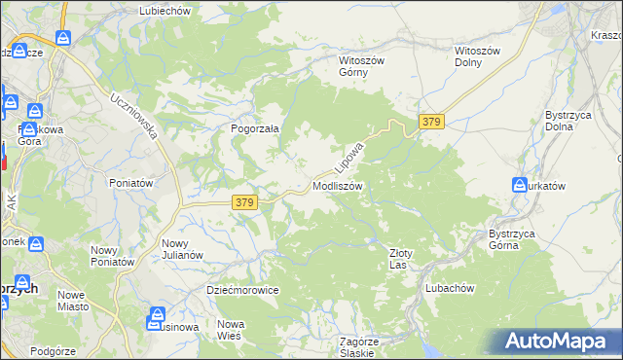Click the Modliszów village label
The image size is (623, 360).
click(338, 186)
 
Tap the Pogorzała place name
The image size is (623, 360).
click(255, 127)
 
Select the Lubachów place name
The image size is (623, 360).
click(449, 288)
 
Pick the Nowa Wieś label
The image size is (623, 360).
click(230, 330)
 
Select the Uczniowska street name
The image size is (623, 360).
click(134, 116)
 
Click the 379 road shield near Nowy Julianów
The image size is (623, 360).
click(244, 202)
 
